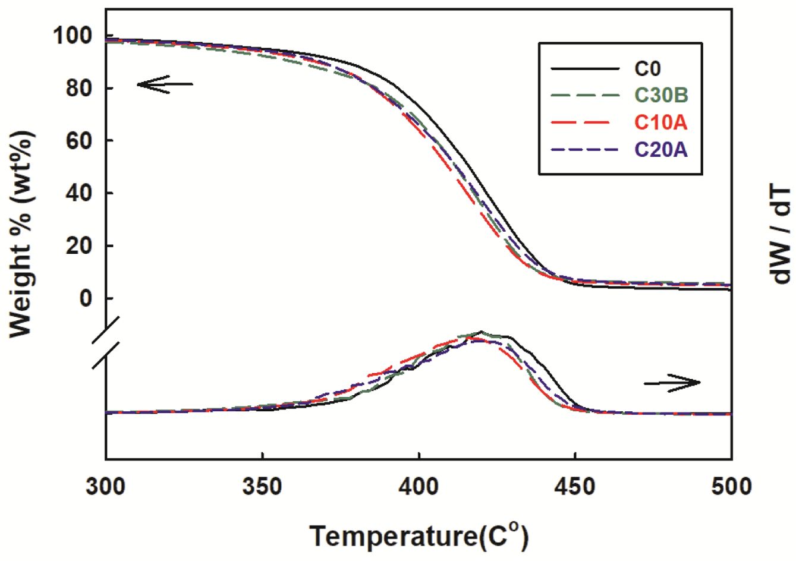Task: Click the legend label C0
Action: [x=647, y=69]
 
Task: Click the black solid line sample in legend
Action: [x=586, y=70]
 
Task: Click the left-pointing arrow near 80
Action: [x=165, y=84]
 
